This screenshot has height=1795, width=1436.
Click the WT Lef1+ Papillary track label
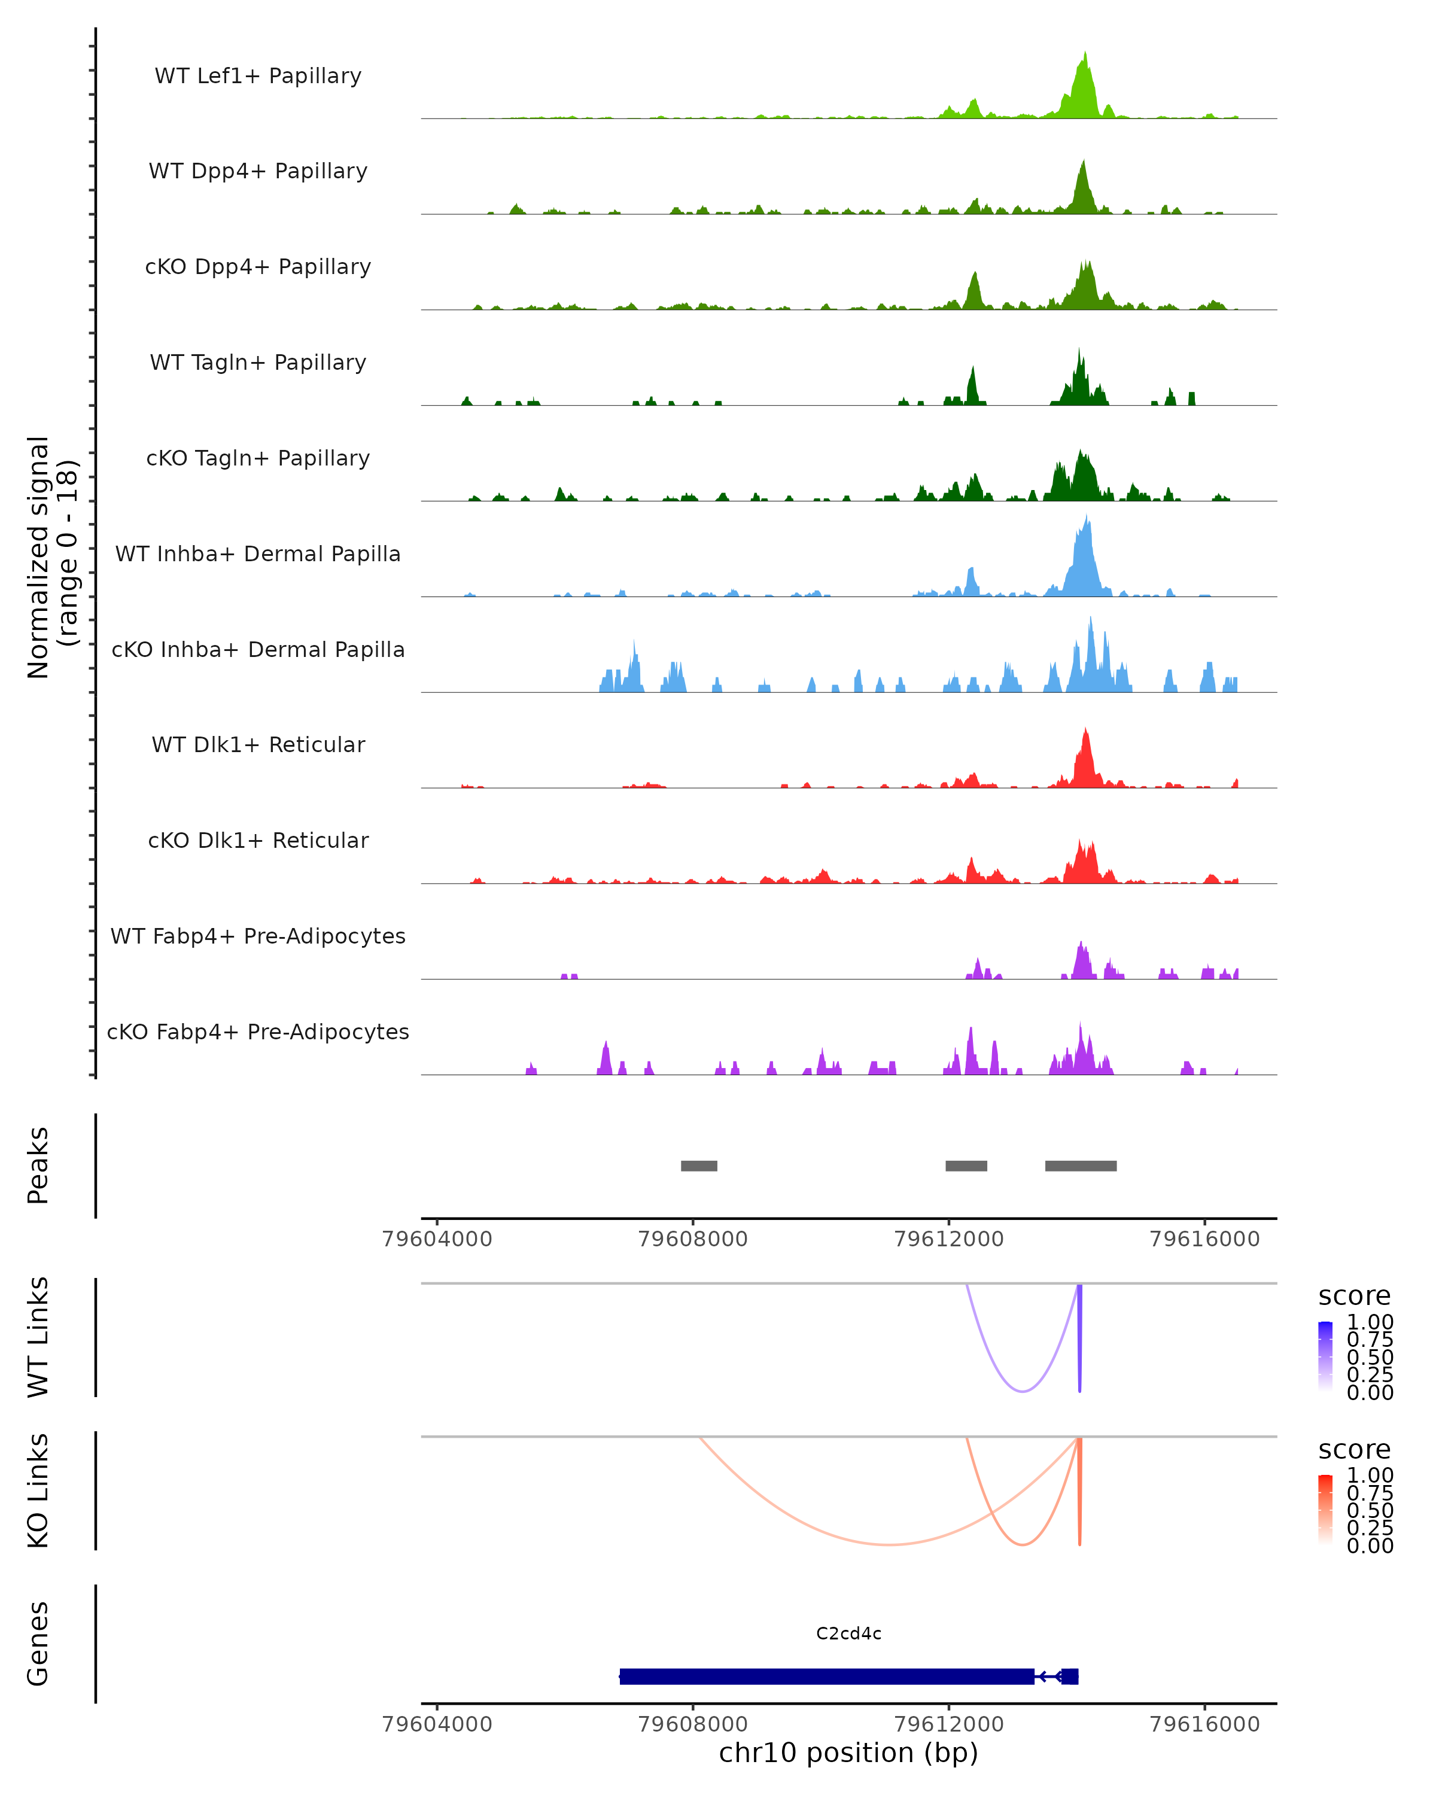pyautogui.click(x=258, y=76)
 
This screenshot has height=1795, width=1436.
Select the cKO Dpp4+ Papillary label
pyautogui.click(x=258, y=267)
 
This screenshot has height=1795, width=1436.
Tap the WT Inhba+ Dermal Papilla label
pyautogui.click(x=258, y=555)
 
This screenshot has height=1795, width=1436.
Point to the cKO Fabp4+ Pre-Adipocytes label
pyautogui.click(x=258, y=1032)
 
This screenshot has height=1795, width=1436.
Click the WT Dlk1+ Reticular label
pyautogui.click(x=258, y=745)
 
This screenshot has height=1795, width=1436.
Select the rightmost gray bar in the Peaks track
pyautogui.click(x=1081, y=1166)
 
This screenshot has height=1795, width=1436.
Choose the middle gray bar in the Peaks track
pyautogui.click(x=966, y=1166)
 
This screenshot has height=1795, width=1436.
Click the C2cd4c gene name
pyautogui.click(x=848, y=1633)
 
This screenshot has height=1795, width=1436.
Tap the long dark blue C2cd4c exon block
pyautogui.click(x=827, y=1677)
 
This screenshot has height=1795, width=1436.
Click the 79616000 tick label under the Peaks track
pyautogui.click(x=1204, y=1239)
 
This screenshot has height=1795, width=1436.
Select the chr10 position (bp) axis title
pyautogui.click(x=848, y=1753)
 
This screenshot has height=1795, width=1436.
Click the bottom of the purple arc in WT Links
pyautogui.click(x=1023, y=1391)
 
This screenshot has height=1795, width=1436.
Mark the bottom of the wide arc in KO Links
pyautogui.click(x=890, y=1544)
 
